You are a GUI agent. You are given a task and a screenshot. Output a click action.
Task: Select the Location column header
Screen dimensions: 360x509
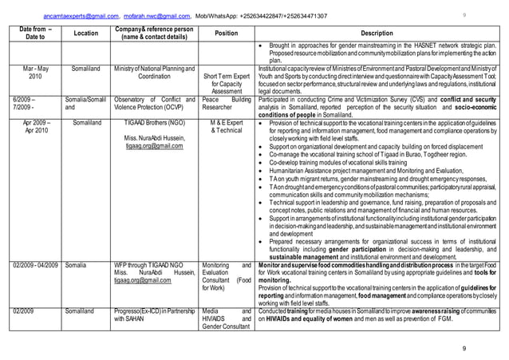pos(85,34)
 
